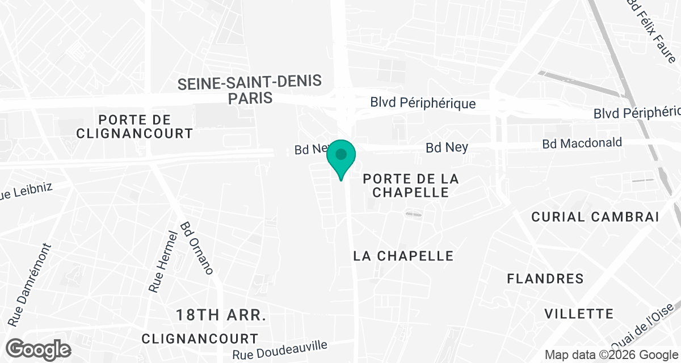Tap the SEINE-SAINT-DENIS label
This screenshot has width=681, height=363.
250,83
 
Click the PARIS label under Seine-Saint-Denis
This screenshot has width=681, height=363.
250,98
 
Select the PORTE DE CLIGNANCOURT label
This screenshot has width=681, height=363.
145,126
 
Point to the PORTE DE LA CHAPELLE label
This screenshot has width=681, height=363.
410,185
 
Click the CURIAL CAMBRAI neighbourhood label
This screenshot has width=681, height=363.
595,217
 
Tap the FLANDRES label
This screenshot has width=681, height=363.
545,278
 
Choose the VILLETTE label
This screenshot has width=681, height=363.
579,314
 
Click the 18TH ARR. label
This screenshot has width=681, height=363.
221,315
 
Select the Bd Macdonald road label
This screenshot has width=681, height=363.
582,143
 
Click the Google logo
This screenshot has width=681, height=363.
39,349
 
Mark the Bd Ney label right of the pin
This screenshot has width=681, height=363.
447,147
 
